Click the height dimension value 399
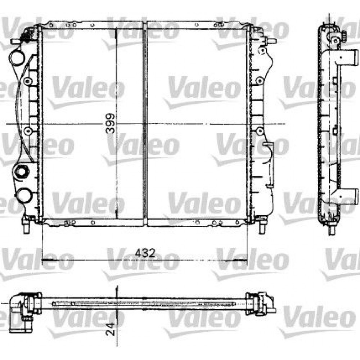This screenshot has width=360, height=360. point(111,123)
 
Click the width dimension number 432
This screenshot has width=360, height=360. point(145,253)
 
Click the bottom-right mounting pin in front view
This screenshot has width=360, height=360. point(262,227)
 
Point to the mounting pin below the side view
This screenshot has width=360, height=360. point(332,229)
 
